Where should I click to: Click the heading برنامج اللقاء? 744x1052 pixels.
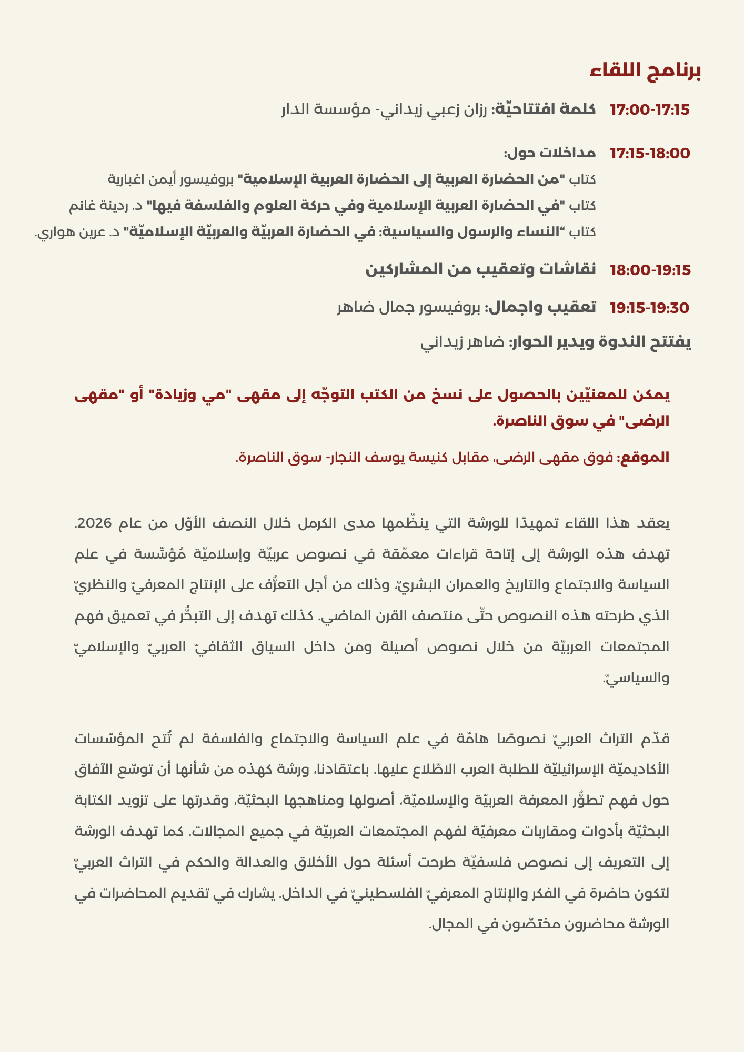point(645,72)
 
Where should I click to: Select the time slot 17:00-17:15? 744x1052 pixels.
point(649,110)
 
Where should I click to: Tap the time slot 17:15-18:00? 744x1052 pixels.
point(649,154)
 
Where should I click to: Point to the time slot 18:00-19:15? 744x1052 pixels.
point(649,270)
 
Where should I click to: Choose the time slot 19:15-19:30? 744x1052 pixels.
point(649,308)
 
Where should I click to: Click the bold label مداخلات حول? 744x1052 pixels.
point(550,154)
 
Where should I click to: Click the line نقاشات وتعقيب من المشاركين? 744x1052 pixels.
point(481,270)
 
